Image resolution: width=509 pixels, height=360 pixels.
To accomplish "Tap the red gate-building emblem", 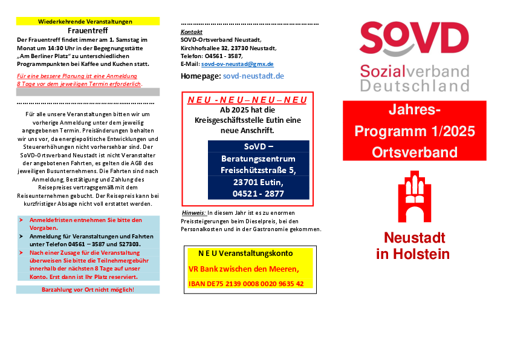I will (x=414, y=196).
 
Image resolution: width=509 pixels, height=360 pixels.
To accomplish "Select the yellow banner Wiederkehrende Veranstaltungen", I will (x=88, y=21).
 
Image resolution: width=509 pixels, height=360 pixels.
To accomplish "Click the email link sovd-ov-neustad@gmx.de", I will (x=237, y=64).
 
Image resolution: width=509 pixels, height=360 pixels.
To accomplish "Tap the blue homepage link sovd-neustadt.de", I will (x=253, y=76).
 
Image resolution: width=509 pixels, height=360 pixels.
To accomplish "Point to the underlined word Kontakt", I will (x=192, y=31).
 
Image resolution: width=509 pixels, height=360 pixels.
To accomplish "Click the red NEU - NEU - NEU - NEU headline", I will (x=247, y=100).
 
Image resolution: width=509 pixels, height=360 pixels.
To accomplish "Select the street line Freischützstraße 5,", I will (x=258, y=170).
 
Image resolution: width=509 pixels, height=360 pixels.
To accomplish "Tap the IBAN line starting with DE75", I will (x=246, y=283).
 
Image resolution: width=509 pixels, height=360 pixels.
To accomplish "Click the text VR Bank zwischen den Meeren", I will (x=243, y=269).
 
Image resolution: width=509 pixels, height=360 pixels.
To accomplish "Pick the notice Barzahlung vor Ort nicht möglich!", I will (x=88, y=290).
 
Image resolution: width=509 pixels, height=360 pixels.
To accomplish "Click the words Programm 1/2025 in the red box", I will (x=415, y=131).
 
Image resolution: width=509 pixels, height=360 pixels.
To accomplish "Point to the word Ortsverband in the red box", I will (x=415, y=152).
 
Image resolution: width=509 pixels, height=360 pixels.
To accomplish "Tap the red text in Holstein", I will (x=413, y=254).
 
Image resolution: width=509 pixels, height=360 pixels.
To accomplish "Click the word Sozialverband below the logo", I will (x=415, y=71).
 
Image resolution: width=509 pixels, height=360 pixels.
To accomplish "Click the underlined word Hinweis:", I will (x=193, y=213).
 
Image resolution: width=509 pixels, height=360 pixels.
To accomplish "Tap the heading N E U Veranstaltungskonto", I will (x=245, y=253).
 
